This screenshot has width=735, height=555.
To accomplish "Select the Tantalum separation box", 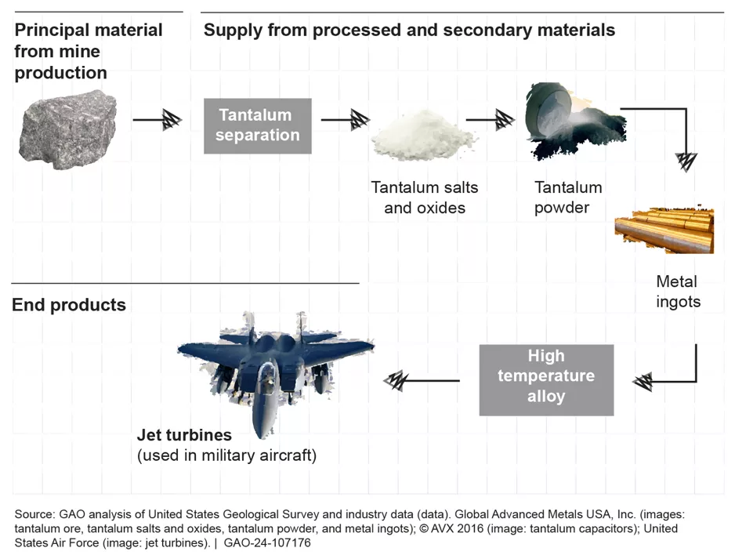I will pos(258,125).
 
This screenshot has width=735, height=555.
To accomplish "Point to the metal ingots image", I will pos(664,228).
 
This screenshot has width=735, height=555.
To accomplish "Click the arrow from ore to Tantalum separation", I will pos(157,120).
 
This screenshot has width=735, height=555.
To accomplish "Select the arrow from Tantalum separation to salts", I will pos(346,120).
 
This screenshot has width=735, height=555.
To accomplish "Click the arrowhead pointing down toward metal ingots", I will pos(686,161).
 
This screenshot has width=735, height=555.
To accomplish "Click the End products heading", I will pos(69,305).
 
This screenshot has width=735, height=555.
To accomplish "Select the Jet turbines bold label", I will pos(184,434).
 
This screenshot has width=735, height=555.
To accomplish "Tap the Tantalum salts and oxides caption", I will pos(425,198).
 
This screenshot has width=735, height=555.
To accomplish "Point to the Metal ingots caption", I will pos(678,291).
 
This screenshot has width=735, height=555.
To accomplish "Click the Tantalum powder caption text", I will pos(568,198).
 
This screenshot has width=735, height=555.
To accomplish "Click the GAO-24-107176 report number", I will pos(267,542).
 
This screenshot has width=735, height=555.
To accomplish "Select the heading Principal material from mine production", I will pos(89,51).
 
